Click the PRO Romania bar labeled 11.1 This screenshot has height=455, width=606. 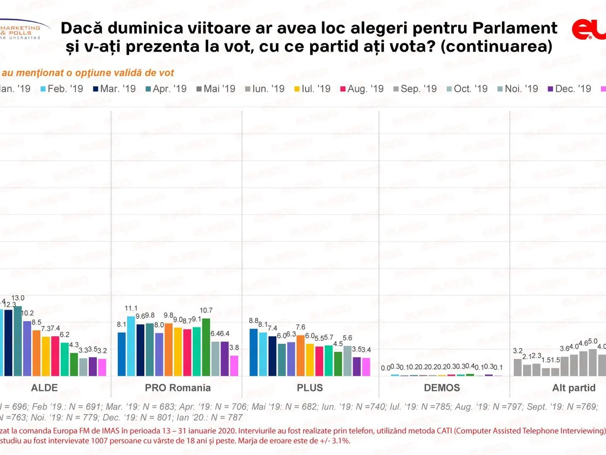[x=131, y=346]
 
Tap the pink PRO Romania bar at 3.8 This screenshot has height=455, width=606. [x=234, y=366]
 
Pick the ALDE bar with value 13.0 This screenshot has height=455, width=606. [x=18, y=341]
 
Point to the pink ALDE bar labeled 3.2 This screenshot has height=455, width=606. [x=102, y=367]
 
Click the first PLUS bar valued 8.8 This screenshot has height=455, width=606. [x=254, y=352]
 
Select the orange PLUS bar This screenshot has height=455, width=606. [x=300, y=355]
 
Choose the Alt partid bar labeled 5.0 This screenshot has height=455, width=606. [x=592, y=362]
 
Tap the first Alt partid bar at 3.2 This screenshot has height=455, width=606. [x=518, y=367]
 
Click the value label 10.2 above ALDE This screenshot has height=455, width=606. [x=29, y=313]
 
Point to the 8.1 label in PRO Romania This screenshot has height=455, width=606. [x=122, y=325]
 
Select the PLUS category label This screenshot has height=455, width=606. [x=309, y=388]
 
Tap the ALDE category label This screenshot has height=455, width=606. [x=44, y=388]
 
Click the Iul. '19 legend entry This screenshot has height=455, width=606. [x=316, y=88]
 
